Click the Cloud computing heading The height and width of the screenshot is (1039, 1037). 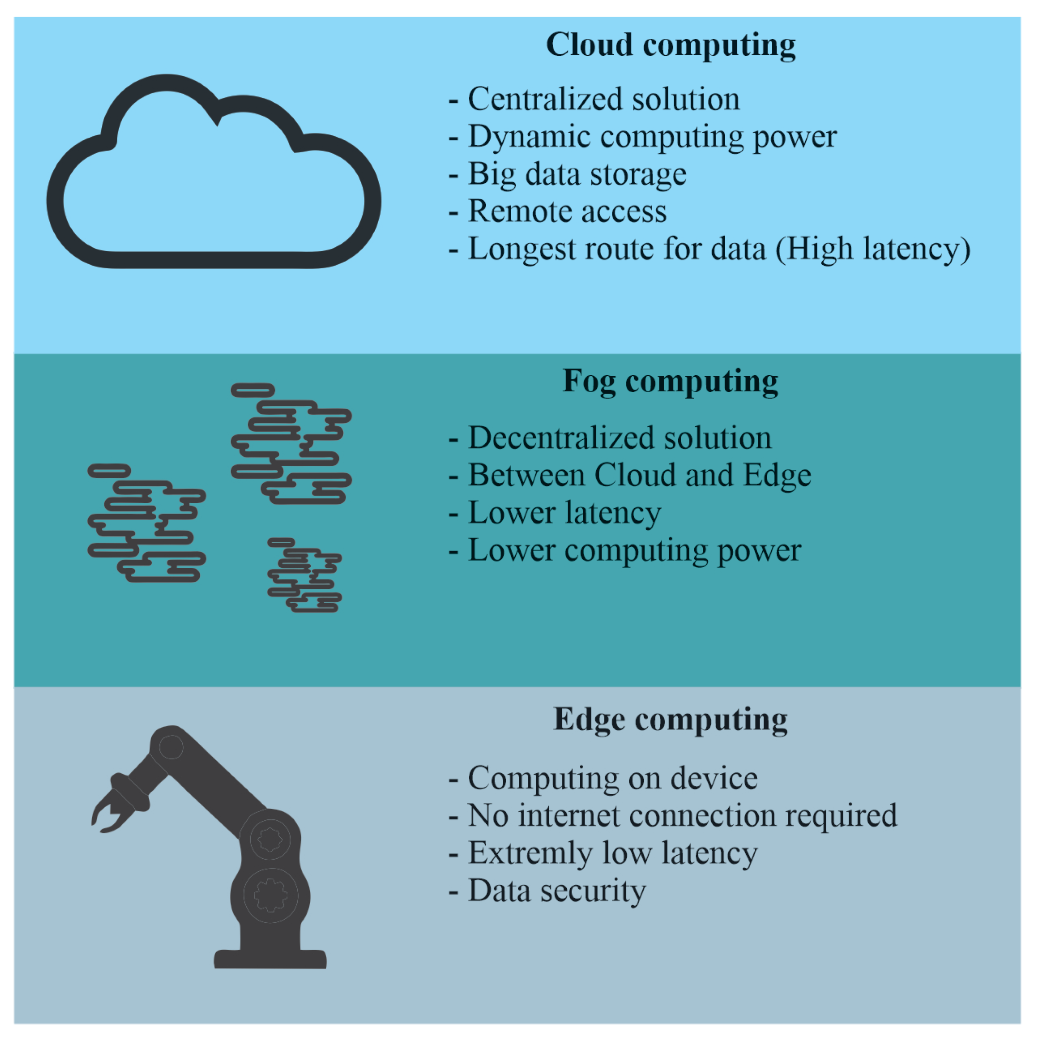click(x=670, y=45)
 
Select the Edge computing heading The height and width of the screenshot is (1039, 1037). click(x=670, y=719)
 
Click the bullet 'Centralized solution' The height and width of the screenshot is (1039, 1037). click(x=604, y=99)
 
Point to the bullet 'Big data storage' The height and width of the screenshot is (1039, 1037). click(x=576, y=174)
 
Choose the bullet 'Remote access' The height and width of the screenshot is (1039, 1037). click(x=567, y=211)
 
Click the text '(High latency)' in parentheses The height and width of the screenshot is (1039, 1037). click(x=873, y=250)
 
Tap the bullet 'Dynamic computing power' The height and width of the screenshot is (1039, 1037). click(x=652, y=137)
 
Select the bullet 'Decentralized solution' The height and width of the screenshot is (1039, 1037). click(x=620, y=438)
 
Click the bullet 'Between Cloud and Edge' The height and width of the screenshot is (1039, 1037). click(x=639, y=476)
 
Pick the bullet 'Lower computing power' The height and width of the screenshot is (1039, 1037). click(x=635, y=551)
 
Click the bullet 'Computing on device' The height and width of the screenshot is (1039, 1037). click(x=613, y=778)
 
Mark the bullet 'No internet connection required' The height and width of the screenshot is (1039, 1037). click(x=682, y=816)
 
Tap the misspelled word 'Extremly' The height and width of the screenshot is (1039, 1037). click(x=530, y=853)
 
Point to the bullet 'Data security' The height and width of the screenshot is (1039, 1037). click(x=557, y=891)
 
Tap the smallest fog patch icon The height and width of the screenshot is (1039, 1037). click(x=304, y=575)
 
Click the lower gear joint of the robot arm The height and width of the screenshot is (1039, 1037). click(x=270, y=895)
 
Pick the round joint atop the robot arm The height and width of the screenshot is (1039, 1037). click(x=171, y=747)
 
